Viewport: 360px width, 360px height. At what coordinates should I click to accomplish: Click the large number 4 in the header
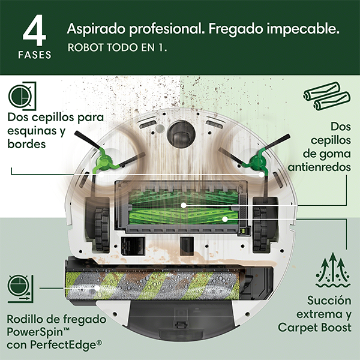click(x=34, y=31)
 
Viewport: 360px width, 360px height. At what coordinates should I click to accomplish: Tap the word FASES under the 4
click(x=35, y=55)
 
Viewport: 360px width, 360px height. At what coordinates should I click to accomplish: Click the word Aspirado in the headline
click(x=97, y=29)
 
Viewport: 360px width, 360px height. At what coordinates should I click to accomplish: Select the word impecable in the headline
click(x=303, y=29)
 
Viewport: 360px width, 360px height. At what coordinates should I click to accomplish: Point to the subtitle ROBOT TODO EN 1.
click(x=118, y=47)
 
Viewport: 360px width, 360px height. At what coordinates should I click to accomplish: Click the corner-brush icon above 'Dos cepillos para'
click(x=22, y=96)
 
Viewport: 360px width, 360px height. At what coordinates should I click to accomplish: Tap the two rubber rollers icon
click(x=327, y=96)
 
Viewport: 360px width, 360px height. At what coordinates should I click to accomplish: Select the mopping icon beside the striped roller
click(x=20, y=289)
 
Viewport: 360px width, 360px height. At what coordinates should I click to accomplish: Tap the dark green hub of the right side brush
click(x=257, y=161)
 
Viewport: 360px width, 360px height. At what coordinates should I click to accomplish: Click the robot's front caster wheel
click(x=181, y=134)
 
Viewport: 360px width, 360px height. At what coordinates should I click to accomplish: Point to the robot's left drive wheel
click(x=102, y=229)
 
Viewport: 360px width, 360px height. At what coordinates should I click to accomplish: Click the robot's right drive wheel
click(x=260, y=229)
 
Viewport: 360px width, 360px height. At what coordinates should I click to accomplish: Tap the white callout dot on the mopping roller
click(x=98, y=287)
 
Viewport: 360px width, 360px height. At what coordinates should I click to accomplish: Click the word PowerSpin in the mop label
click(x=35, y=332)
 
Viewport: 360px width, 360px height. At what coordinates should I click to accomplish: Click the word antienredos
click(x=319, y=167)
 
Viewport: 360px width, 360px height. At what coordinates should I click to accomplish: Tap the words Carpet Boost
click(x=314, y=328)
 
